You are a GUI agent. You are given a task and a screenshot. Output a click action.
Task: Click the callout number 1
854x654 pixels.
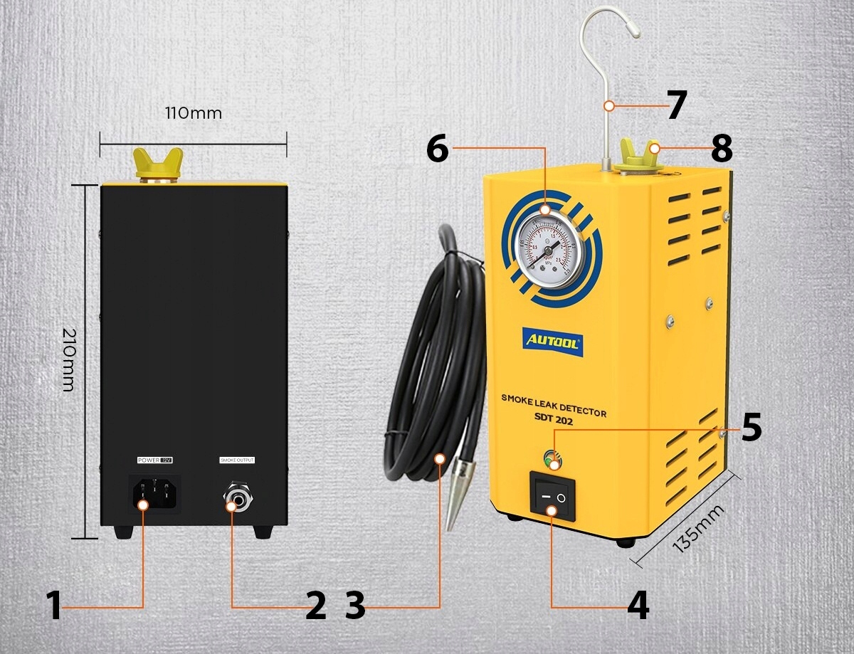(x=53, y=606)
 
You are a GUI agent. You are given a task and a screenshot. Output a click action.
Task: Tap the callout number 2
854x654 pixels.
(x=315, y=606)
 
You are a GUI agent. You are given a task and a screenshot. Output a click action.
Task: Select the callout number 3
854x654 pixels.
(x=355, y=606)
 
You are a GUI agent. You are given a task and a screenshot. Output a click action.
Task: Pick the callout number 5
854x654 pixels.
(x=751, y=427)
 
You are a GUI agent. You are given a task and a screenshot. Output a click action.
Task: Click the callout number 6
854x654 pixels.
(x=437, y=148)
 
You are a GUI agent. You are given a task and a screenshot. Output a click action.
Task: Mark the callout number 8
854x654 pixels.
(x=721, y=149)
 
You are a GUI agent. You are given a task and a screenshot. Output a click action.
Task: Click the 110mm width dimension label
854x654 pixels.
(x=193, y=113)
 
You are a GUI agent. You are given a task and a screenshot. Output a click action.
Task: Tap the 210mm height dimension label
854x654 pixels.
(x=68, y=359)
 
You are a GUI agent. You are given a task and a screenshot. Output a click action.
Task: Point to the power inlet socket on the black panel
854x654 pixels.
(x=153, y=492)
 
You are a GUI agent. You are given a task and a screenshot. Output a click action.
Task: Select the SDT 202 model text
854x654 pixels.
(x=550, y=421)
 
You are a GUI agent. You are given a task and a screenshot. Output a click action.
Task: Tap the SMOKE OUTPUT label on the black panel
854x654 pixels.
(x=236, y=460)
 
